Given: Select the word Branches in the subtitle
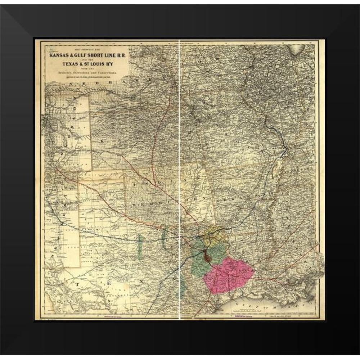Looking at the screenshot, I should (68, 75).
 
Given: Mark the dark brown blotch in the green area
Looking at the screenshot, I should (208, 256).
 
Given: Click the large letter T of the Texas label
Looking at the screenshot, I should (77, 284).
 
